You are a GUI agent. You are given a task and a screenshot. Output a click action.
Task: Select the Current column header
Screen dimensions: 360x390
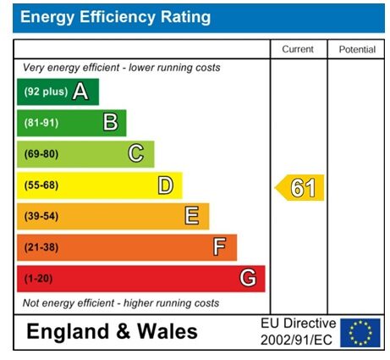point(298,50)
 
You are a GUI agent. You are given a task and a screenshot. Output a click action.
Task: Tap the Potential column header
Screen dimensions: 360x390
point(356,50)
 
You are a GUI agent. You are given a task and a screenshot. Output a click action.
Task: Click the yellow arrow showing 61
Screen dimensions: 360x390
point(300,187)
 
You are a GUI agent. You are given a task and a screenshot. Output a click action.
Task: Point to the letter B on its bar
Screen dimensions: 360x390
point(110,123)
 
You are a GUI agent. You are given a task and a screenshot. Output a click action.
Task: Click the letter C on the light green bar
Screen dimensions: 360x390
point(135,154)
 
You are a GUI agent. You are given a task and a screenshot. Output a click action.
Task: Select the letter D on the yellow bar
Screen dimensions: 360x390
point(165,186)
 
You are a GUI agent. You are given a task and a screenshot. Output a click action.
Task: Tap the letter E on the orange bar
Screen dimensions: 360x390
point(192,216)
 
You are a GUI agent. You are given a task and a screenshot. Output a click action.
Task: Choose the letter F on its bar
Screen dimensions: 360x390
point(220,247)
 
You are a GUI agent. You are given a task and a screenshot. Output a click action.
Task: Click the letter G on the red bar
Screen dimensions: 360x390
point(247,278)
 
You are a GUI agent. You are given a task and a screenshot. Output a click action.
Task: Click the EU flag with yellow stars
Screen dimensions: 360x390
point(360,332)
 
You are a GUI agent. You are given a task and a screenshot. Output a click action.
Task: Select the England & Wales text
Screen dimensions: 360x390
point(113,332)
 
